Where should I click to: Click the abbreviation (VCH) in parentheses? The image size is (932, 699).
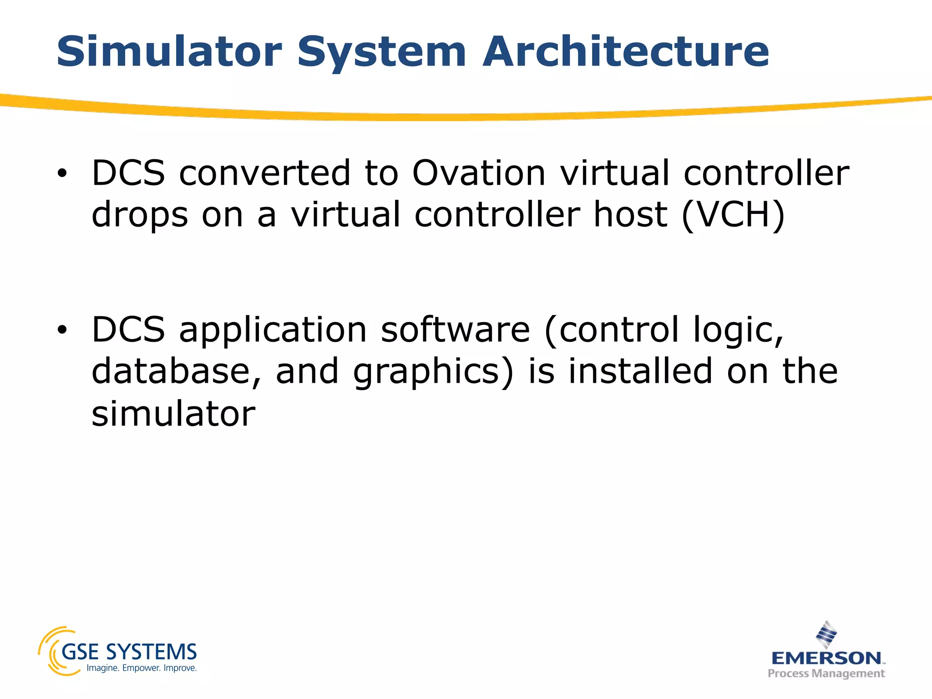[x=733, y=215]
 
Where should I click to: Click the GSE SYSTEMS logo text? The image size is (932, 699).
[x=129, y=652]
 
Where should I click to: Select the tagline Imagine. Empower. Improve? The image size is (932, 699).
[x=142, y=668]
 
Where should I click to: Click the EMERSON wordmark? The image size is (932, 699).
[x=826, y=658]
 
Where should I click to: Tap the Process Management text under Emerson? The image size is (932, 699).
[x=826, y=673]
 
